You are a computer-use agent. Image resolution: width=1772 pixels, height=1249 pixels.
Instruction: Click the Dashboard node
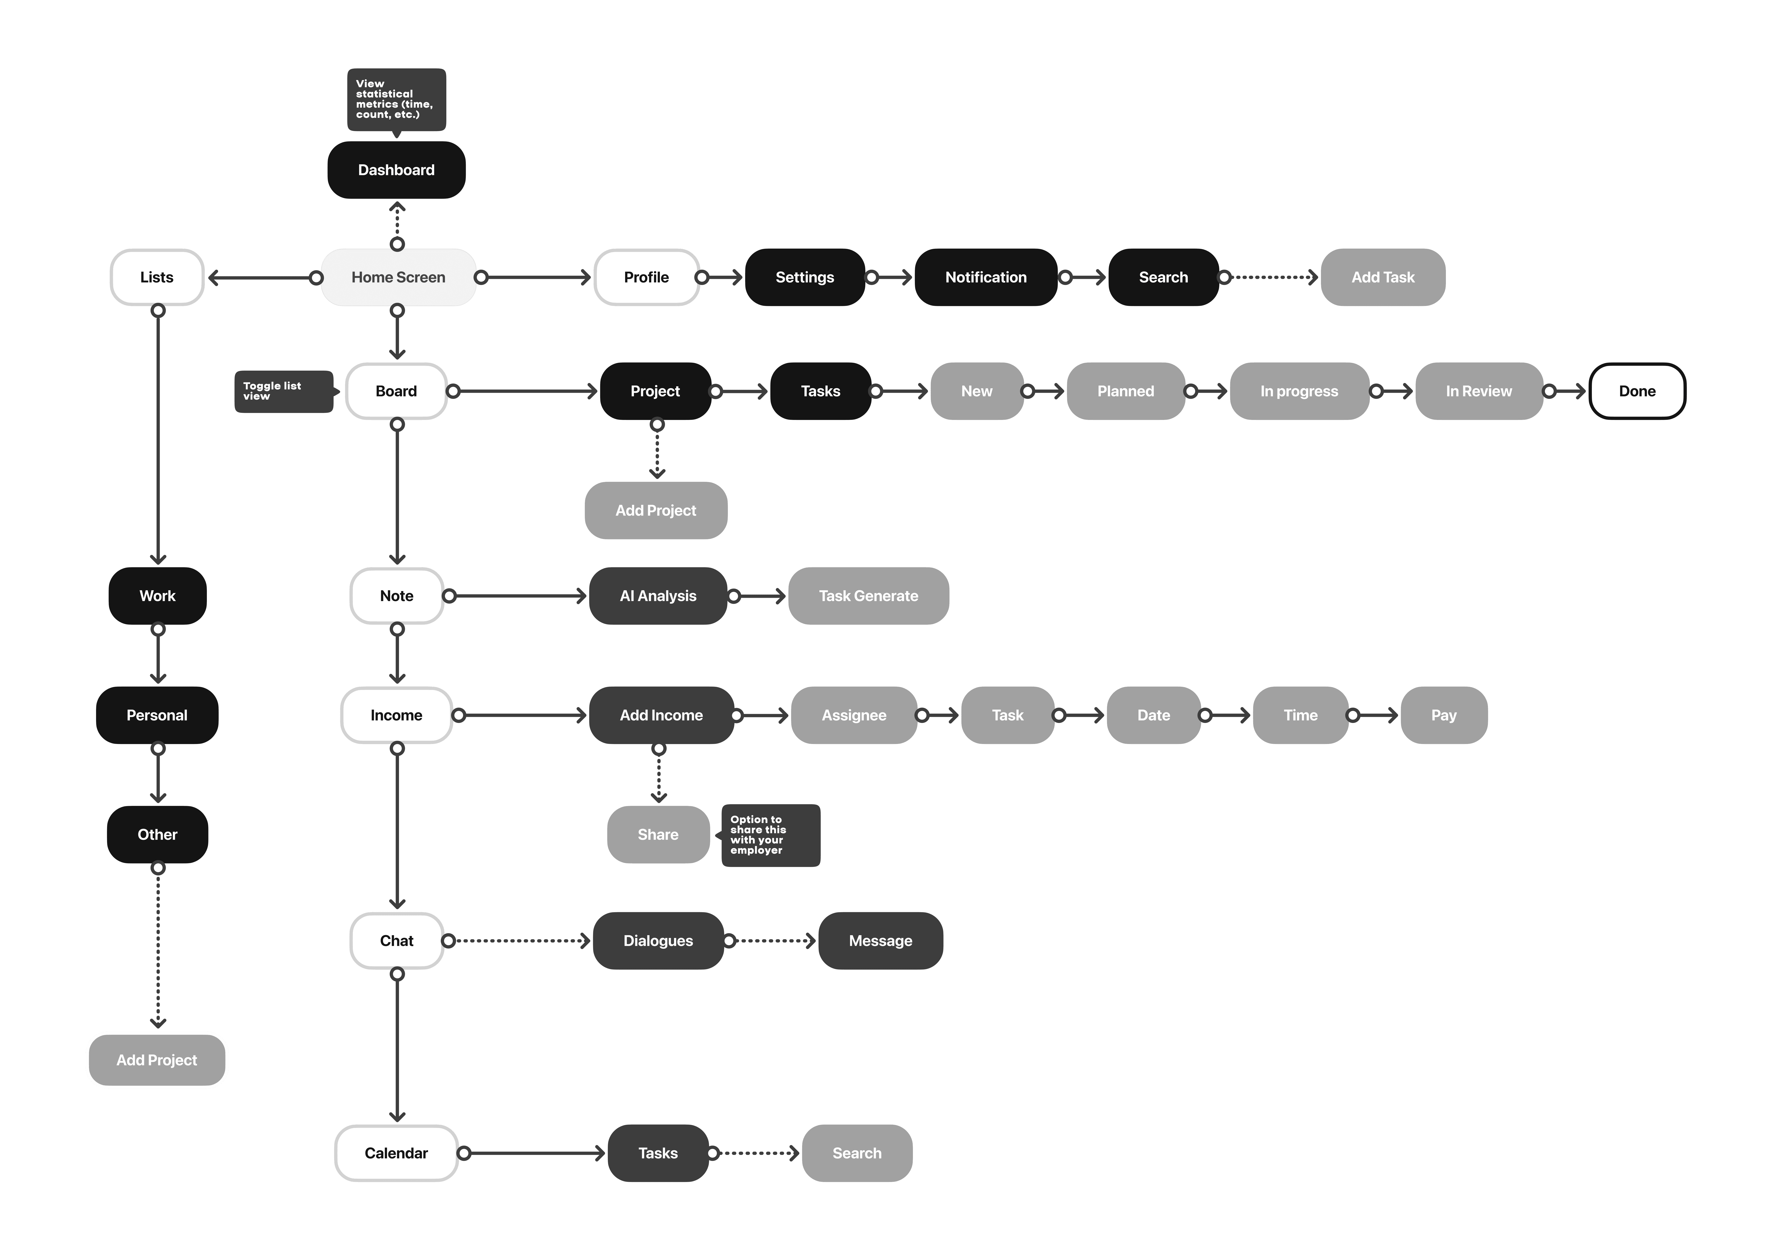click(x=396, y=170)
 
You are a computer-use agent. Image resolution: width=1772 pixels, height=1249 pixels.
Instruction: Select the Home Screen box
click(x=398, y=277)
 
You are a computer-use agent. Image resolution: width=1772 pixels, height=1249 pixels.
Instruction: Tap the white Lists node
click(x=157, y=277)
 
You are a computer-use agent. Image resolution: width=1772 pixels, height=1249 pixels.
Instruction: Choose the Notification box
click(x=986, y=277)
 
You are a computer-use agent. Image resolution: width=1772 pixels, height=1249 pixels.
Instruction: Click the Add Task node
click(x=1382, y=277)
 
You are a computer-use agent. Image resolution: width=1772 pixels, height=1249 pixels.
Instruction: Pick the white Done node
click(x=1637, y=391)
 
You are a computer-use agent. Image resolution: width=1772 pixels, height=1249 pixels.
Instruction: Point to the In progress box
click(x=1299, y=391)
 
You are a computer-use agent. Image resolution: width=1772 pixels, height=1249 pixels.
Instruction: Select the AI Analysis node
click(x=658, y=596)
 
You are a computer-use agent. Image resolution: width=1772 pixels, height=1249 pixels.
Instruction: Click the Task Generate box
click(x=868, y=596)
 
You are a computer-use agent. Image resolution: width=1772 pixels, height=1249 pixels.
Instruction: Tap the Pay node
click(x=1443, y=716)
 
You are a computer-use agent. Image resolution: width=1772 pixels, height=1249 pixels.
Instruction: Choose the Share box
click(x=658, y=834)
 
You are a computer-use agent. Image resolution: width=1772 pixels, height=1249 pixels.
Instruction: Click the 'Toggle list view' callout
click(x=282, y=391)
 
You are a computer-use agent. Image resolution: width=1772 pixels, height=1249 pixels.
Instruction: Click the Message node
click(x=880, y=941)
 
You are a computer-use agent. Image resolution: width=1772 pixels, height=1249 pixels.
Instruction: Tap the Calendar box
click(x=396, y=1153)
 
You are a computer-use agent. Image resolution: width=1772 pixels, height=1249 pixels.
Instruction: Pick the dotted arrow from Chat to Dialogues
click(x=521, y=941)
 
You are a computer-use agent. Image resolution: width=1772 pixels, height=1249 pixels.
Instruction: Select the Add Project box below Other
click(x=157, y=1060)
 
